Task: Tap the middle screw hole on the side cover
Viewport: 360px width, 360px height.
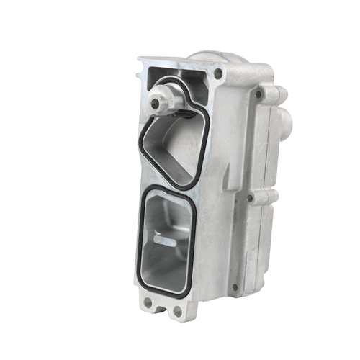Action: coord(249,197)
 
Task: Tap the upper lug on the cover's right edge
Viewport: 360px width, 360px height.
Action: coord(276,93)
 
